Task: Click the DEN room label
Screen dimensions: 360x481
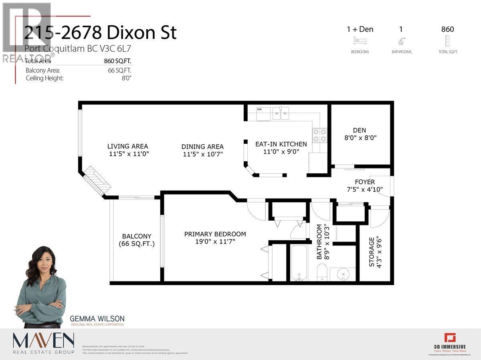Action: pyautogui.click(x=359, y=130)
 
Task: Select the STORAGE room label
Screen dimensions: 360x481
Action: pyautogui.click(x=372, y=252)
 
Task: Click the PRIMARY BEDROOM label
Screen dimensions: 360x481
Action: pyautogui.click(x=215, y=234)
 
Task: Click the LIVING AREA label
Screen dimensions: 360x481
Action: pyautogui.click(x=127, y=146)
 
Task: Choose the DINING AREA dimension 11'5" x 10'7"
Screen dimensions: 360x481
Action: pyautogui.click(x=202, y=154)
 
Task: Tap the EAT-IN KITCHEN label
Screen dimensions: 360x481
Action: pyautogui.click(x=281, y=144)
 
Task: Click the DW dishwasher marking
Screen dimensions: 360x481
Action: pyautogui.click(x=259, y=109)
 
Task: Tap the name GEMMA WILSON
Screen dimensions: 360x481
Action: pyautogui.click(x=97, y=319)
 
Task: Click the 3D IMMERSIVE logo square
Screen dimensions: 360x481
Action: pyautogui.click(x=448, y=338)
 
